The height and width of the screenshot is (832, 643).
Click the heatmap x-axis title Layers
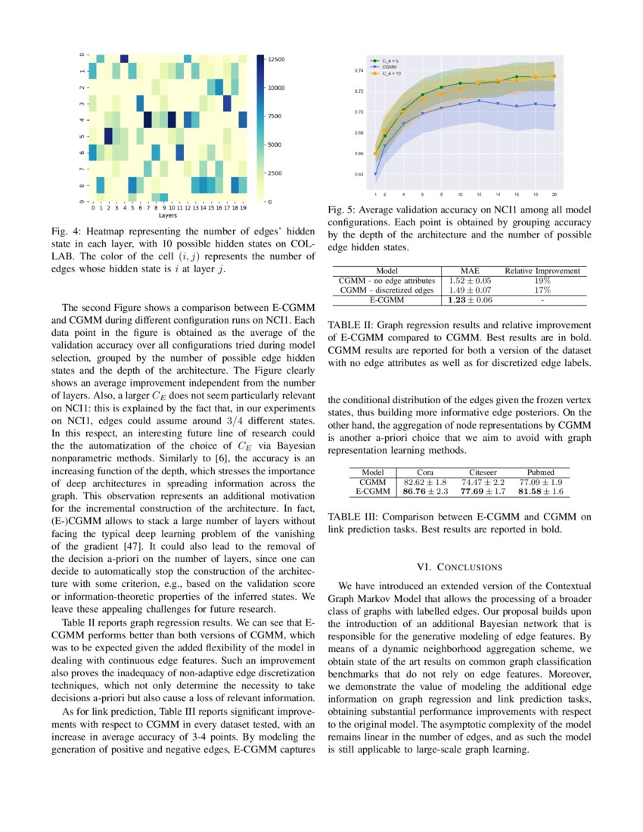coord(167,215)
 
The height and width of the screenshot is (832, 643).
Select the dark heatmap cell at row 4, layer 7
coord(148,120)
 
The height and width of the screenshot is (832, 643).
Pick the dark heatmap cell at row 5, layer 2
coord(108,135)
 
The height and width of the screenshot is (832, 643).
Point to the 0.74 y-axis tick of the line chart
coord(359,70)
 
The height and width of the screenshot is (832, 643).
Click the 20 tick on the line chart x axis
coord(554,194)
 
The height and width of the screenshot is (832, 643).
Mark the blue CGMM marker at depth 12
coord(479,101)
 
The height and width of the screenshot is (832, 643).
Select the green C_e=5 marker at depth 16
coord(517,76)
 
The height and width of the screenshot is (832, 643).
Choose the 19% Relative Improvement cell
coord(542,280)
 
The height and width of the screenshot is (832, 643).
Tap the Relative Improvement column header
coord(542,270)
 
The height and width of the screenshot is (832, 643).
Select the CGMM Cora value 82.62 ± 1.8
coord(426,482)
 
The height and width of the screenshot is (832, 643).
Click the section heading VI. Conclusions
coord(459,566)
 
